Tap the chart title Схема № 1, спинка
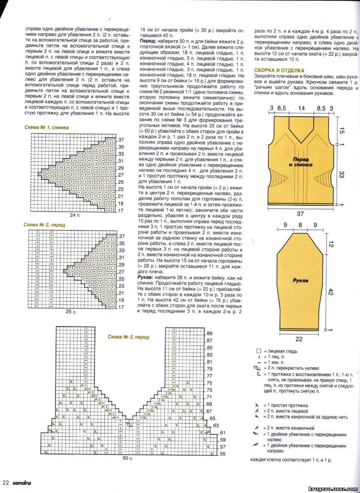click(x=46, y=128)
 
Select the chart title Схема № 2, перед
click(x=44, y=225)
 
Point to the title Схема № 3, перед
click(x=128, y=337)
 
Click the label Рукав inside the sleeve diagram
click(x=301, y=281)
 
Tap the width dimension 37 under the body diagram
click(x=301, y=213)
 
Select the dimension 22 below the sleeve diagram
click(x=299, y=339)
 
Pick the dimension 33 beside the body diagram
click(x=341, y=175)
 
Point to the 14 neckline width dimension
click(x=301, y=108)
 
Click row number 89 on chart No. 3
click(x=209, y=333)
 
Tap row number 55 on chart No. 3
click(x=222, y=454)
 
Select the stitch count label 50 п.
click(x=128, y=458)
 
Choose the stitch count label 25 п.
click(x=71, y=312)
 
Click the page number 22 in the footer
click(x=5, y=483)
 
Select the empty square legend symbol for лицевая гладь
click(x=258, y=351)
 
